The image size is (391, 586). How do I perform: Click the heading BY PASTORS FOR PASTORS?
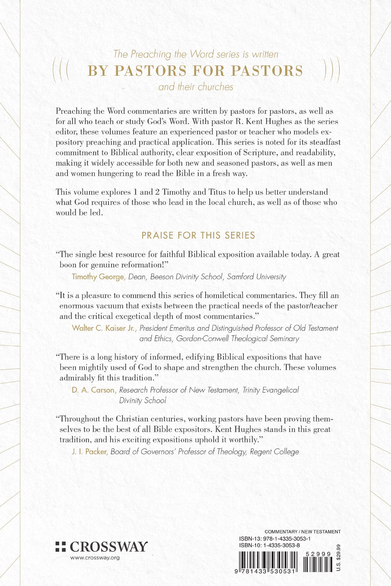pyautogui.click(x=195, y=71)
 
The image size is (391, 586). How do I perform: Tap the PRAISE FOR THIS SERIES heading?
pyautogui.click(x=198, y=235)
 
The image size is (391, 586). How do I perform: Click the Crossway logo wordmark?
pyautogui.click(x=109, y=547)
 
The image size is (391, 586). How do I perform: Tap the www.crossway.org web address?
pyautogui.click(x=95, y=558)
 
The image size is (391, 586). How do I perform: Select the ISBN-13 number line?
pyautogui.click(x=275, y=538)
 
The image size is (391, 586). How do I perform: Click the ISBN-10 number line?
pyautogui.click(x=269, y=545)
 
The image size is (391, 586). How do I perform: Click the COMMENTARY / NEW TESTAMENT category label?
pyautogui.click(x=303, y=532)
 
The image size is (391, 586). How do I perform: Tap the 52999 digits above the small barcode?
pyautogui.click(x=318, y=554)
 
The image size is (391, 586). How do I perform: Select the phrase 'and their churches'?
pyautogui.click(x=196, y=87)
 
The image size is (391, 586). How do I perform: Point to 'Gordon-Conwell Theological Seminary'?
pyautogui.click(x=238, y=339)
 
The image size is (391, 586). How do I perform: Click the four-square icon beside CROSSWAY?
pyautogui.click(x=61, y=547)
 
